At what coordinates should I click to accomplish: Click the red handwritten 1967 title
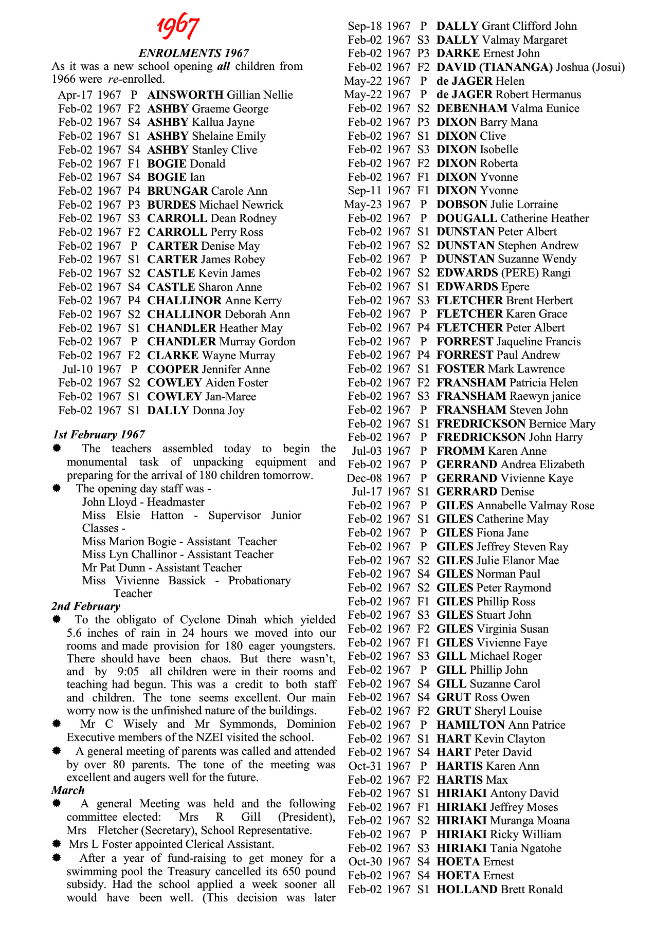click(x=178, y=27)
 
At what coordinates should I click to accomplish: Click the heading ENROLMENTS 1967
click(x=194, y=53)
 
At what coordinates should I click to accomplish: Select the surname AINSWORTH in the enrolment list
click(x=185, y=95)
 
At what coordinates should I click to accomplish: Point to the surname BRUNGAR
click(x=177, y=191)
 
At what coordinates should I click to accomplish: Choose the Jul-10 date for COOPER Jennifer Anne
click(x=77, y=369)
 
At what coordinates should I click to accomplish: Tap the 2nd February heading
click(x=85, y=606)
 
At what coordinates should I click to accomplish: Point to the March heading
click(x=68, y=790)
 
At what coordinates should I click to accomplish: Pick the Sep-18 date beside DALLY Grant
click(x=364, y=26)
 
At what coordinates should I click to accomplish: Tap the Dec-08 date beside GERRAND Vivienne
click(x=365, y=478)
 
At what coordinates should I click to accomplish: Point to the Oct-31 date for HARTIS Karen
click(x=365, y=766)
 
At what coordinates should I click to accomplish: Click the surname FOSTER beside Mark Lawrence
click(x=460, y=369)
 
